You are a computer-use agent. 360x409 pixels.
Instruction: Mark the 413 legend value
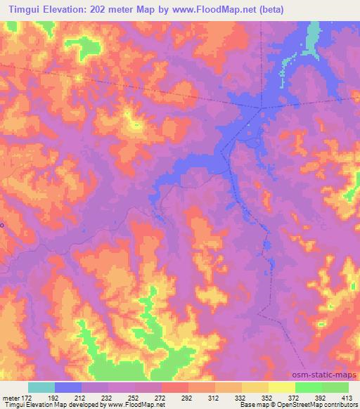pos(348,397)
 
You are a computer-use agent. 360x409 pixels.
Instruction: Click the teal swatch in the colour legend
pos(41,387)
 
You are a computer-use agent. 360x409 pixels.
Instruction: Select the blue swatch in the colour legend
pos(68,387)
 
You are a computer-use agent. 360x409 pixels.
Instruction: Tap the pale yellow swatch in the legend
pos(282,387)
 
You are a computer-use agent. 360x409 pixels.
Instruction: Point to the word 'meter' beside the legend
pos(11,397)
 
